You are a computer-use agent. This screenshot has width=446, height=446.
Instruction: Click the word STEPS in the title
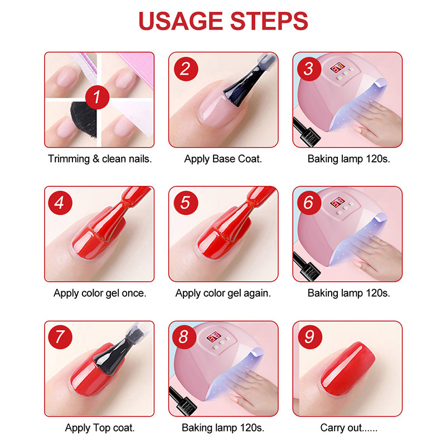pos(266,21)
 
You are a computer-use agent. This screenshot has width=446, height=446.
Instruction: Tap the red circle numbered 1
pos(96,98)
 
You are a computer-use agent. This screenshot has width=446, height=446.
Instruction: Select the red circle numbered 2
pos(185,69)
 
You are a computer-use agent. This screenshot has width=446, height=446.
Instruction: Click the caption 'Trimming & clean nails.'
pos(100,159)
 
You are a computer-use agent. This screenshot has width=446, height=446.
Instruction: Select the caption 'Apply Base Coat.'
pos(223,159)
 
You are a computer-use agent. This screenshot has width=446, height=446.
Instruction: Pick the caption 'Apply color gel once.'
pos(100,293)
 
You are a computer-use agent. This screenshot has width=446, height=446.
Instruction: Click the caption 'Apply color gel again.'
pos(223,293)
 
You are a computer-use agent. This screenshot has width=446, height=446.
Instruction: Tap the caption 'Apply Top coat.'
pos(100,428)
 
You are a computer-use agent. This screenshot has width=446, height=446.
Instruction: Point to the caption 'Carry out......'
pos(346,428)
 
